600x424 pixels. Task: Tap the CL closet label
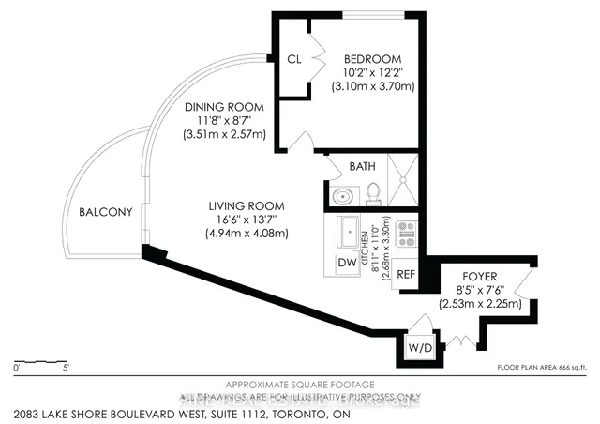(293, 58)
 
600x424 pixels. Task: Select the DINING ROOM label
(224, 106)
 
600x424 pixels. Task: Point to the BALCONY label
(104, 211)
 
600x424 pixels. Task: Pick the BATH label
(362, 166)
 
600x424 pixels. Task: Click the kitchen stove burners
(407, 234)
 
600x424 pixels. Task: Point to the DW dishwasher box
(347, 264)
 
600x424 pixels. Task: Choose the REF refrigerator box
(406, 275)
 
